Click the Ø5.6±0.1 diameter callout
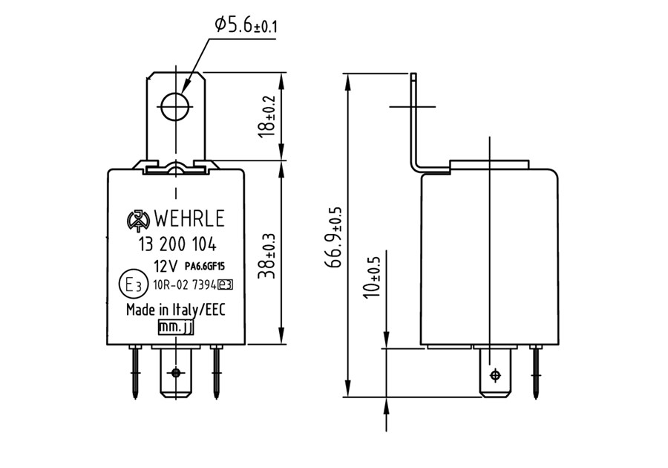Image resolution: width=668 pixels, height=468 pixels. pyautogui.click(x=246, y=25)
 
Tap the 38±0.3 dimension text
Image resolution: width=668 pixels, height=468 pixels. pyautogui.click(x=267, y=256)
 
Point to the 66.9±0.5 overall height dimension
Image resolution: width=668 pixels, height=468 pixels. pyautogui.click(x=333, y=237)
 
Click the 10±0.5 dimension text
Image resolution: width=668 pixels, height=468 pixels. pyautogui.click(x=373, y=274)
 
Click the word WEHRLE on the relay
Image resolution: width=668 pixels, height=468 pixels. pyautogui.click(x=189, y=218)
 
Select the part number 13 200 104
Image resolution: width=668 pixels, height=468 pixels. pyautogui.click(x=177, y=244)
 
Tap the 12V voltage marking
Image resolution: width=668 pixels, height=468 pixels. pyautogui.click(x=166, y=267)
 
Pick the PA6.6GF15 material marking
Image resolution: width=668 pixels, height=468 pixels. pyautogui.click(x=205, y=267)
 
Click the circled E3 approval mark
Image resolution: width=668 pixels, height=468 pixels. pyautogui.click(x=133, y=284)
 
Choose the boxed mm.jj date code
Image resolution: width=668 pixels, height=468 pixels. pyautogui.click(x=175, y=327)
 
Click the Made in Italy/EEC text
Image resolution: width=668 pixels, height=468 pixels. pyautogui.click(x=175, y=310)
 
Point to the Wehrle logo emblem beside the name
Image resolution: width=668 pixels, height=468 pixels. pyautogui.click(x=139, y=219)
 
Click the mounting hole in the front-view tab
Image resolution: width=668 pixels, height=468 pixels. pyautogui.click(x=175, y=106)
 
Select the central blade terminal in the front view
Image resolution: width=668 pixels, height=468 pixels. pyautogui.click(x=175, y=372)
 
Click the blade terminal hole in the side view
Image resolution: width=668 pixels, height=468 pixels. pyautogui.click(x=495, y=375)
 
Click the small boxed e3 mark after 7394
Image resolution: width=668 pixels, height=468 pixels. pyautogui.click(x=226, y=285)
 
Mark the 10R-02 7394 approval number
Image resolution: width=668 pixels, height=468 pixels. pyautogui.click(x=185, y=285)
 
